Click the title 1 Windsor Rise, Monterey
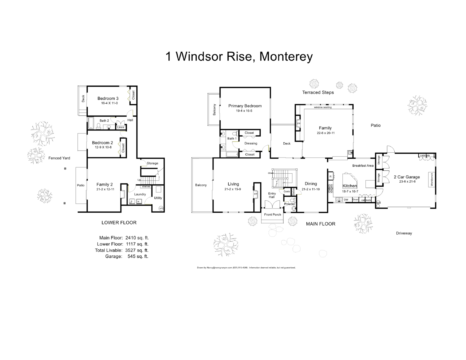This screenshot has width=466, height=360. pyautogui.click(x=239, y=57)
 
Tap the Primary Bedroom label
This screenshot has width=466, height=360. pyautogui.click(x=245, y=106)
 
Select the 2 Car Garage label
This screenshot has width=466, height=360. pyautogui.click(x=407, y=177)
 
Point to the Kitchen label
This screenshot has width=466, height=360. pyautogui.click(x=349, y=186)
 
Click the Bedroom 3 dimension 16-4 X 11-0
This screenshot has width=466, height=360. pyautogui.click(x=107, y=103)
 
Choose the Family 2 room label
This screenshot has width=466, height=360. pyautogui.click(x=105, y=184)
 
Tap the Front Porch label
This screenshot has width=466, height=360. pyautogui.click(x=273, y=215)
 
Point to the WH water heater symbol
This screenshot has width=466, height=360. pyautogui.click(x=161, y=208)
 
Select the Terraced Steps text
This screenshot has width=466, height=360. pyautogui.click(x=318, y=92)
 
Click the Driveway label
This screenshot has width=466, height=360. pyautogui.click(x=404, y=233)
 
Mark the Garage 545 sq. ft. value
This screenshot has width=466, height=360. pyautogui.click(x=138, y=257)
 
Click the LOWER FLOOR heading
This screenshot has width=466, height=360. pyautogui.click(x=119, y=223)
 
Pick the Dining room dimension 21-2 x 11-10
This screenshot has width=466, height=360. pyautogui.click(x=311, y=189)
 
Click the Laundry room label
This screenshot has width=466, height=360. pyautogui.click(x=140, y=194)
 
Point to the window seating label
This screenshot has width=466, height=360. pyautogui.click(x=323, y=107)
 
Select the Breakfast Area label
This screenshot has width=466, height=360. pyautogui.click(x=363, y=166)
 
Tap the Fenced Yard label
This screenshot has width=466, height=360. pyautogui.click(x=59, y=158)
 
